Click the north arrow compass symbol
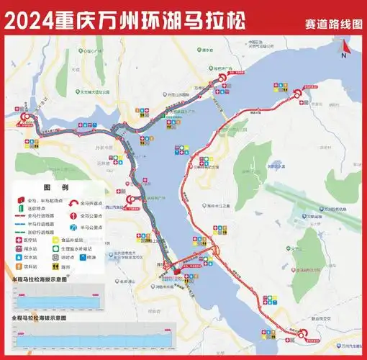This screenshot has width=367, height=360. pos(345,48)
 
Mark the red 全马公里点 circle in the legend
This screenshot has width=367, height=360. pos(74,215)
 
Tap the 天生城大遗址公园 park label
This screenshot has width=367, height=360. pos(94,92)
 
